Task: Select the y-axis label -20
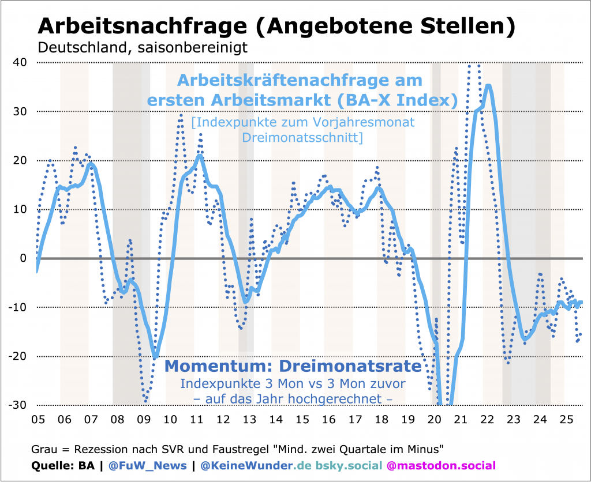pos(17,356)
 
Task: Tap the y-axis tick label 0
pos(23,258)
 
